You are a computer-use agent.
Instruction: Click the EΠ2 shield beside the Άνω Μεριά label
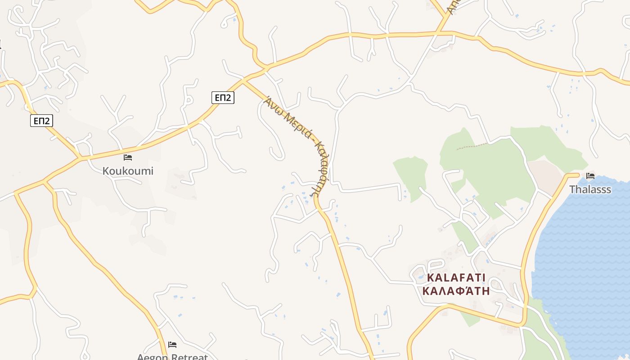click(x=223, y=97)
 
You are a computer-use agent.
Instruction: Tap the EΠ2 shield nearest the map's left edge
click(x=42, y=121)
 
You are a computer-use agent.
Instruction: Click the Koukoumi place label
click(x=128, y=171)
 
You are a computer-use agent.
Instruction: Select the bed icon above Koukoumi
click(x=128, y=157)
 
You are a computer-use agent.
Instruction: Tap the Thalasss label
click(x=590, y=189)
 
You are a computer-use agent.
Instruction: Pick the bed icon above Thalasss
click(x=590, y=175)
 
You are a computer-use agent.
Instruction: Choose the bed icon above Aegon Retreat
click(x=172, y=345)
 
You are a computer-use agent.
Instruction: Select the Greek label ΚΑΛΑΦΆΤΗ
click(x=456, y=290)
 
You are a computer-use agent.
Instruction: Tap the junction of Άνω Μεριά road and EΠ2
click(x=243, y=81)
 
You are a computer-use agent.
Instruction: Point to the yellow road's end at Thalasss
click(x=578, y=175)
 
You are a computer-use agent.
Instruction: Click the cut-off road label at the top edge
click(x=453, y=5)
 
